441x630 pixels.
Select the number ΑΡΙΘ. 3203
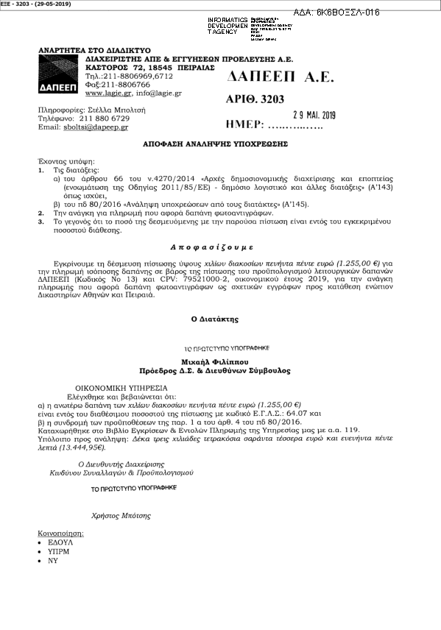(x=255, y=99)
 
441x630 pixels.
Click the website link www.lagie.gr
(x=102, y=93)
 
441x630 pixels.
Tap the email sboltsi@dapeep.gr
(x=94, y=127)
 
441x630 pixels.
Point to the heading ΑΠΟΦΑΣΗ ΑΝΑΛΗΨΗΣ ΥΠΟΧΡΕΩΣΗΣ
(x=215, y=145)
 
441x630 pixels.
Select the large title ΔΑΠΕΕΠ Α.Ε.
(x=276, y=77)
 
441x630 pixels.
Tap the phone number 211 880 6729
(x=105, y=118)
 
